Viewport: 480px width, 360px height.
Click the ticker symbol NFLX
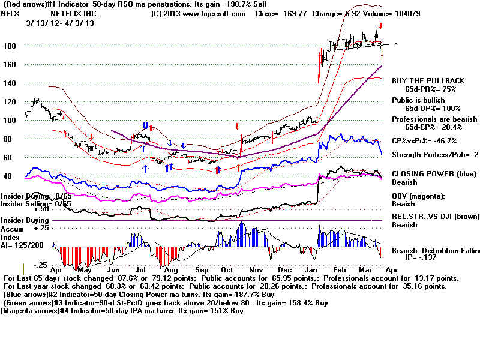tap(10, 13)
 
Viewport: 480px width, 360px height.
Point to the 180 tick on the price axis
tap(8, 46)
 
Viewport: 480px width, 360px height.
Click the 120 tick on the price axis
tap(8, 102)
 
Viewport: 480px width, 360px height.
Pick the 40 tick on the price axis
tap(8, 176)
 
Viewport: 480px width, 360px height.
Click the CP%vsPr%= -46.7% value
tap(424, 141)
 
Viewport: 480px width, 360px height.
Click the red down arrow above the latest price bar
tap(380, 26)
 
